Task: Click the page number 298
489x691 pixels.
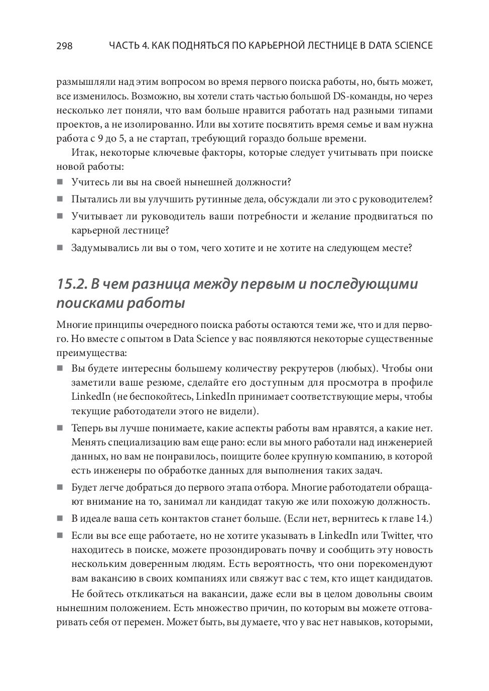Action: pyautogui.click(x=64, y=46)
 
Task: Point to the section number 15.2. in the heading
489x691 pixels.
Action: pyautogui.click(x=72, y=284)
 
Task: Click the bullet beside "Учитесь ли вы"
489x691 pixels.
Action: pyautogui.click(x=60, y=182)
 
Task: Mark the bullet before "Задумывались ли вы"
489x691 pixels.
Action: pyautogui.click(x=60, y=248)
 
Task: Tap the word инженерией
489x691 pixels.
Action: pyautogui.click(x=406, y=442)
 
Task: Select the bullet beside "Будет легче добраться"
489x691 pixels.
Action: pyautogui.click(x=60, y=487)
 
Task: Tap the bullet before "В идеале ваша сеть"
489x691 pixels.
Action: pyautogui.click(x=60, y=518)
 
